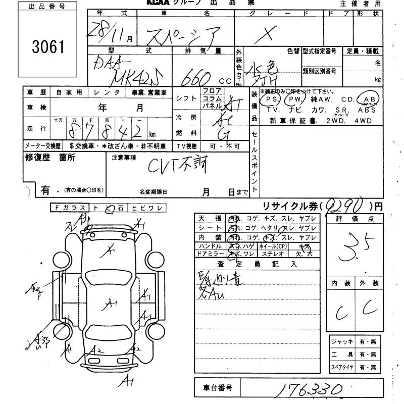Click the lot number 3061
(49, 47)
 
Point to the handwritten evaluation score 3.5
(357, 248)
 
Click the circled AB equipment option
(368, 99)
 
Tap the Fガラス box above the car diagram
(69, 208)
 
